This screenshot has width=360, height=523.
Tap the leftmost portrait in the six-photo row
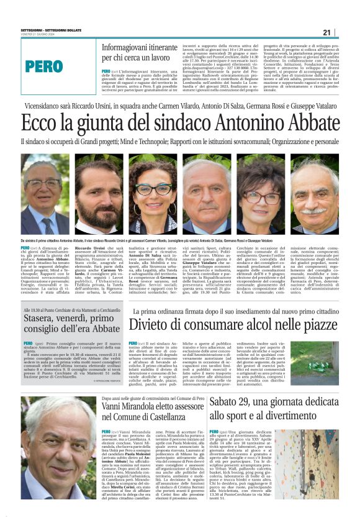point(45,196)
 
